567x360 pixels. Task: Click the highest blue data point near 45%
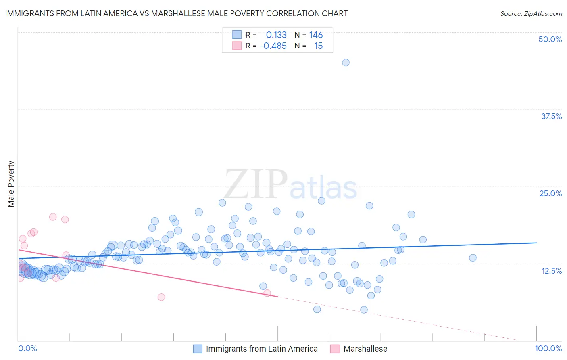346,63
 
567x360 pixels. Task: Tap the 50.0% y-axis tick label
550,39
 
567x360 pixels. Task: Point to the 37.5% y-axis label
551,116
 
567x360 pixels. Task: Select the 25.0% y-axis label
550,193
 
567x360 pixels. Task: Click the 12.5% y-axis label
551,271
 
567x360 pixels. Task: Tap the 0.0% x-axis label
27,348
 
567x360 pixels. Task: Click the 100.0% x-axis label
548,348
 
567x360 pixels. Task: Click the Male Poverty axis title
11,184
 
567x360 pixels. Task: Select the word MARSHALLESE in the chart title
179,13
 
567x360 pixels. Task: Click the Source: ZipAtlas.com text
531,14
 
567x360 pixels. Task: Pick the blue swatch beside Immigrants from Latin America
198,349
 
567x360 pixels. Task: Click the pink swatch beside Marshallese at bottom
335,349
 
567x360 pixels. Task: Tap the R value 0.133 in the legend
276,35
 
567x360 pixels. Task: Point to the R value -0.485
273,46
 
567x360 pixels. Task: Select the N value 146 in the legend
316,35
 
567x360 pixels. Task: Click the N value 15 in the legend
318,46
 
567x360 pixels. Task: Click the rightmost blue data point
473,257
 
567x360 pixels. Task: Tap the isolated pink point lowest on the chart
161,297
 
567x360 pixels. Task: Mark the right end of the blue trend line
536,243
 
